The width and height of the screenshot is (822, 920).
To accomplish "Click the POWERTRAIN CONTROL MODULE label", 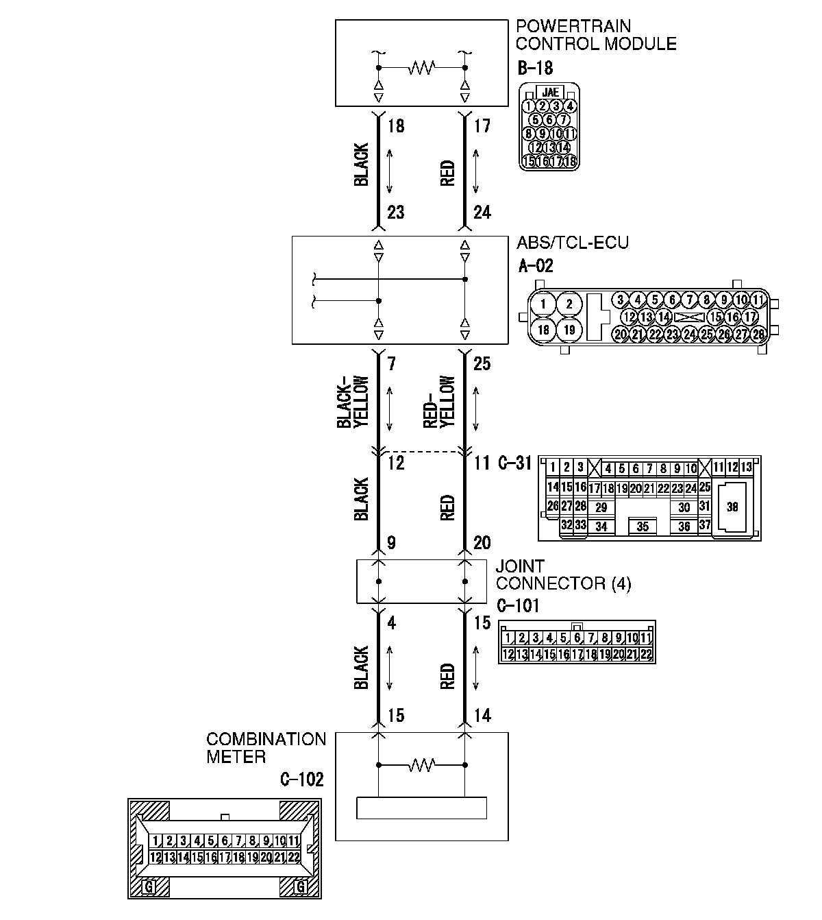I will pyautogui.click(x=595, y=35).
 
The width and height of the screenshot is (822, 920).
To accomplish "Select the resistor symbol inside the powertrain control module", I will pyautogui.click(x=421, y=68).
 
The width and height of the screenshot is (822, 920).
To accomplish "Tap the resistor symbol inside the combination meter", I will pyautogui.click(x=421, y=764).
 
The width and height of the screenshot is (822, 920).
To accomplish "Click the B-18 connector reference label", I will pyautogui.click(x=535, y=69).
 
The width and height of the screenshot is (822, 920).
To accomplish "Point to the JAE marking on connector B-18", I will pyautogui.click(x=549, y=92).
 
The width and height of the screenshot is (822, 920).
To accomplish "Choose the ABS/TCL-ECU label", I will pyautogui.click(x=573, y=243).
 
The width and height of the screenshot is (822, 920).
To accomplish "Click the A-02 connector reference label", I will pyautogui.click(x=535, y=265).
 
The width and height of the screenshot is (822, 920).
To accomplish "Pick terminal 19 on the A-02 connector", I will pyautogui.click(x=569, y=329).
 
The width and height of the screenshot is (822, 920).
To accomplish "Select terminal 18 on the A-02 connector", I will pyautogui.click(x=543, y=329).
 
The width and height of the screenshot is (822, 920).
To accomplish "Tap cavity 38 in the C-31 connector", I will pyautogui.click(x=732, y=507).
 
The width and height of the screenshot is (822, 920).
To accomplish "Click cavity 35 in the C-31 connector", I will pyautogui.click(x=643, y=526).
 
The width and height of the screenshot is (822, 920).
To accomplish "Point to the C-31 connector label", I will pyautogui.click(x=514, y=463).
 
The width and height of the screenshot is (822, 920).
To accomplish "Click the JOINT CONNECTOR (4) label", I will pyautogui.click(x=563, y=575).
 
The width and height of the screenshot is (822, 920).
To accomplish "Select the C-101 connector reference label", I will pyautogui.click(x=517, y=606).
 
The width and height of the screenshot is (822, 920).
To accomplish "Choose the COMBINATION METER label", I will pyautogui.click(x=266, y=748).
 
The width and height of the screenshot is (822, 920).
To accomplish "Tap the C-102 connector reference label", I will pyautogui.click(x=301, y=779).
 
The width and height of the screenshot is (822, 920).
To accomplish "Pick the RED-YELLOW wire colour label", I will pyautogui.click(x=439, y=402).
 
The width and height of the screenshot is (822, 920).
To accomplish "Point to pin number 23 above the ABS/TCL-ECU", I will pyautogui.click(x=395, y=213).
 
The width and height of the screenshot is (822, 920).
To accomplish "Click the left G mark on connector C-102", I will pyautogui.click(x=149, y=887).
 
